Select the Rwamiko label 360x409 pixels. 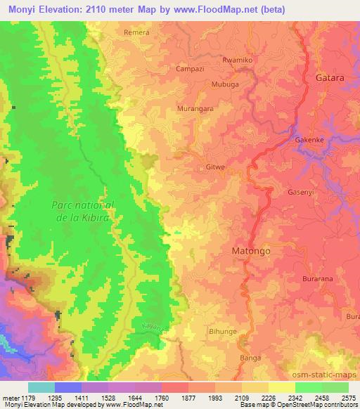(x=238, y=60)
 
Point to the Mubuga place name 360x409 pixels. (x=226, y=84)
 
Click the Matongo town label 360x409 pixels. (x=251, y=250)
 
